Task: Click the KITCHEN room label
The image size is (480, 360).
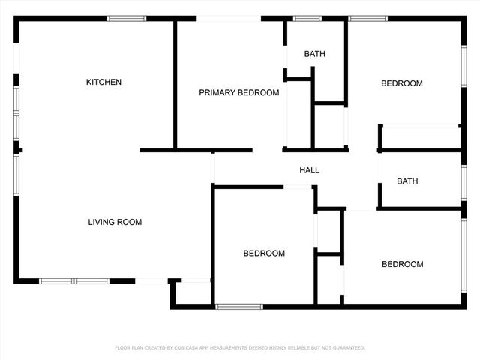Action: coord(103,82)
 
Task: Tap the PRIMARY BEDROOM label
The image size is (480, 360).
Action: coord(238,93)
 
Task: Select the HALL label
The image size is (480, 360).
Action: coord(310,170)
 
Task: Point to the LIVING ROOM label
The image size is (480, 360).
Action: coord(115,222)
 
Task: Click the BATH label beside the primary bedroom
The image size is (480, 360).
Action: coord(314,54)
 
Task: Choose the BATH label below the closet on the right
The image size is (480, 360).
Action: coord(407,181)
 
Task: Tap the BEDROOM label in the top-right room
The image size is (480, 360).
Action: coord(402,83)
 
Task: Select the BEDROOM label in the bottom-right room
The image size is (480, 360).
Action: coord(402,264)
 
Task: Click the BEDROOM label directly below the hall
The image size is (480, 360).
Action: coord(264,253)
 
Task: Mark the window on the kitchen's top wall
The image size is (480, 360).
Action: coord(126,18)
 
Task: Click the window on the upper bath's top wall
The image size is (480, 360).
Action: coord(307,18)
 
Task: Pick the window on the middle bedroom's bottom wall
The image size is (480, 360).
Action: coord(239,306)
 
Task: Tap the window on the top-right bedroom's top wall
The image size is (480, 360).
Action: coord(363,18)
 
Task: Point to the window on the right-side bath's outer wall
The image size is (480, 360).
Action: coord(464,182)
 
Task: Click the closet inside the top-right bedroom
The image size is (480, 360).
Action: coord(420,137)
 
